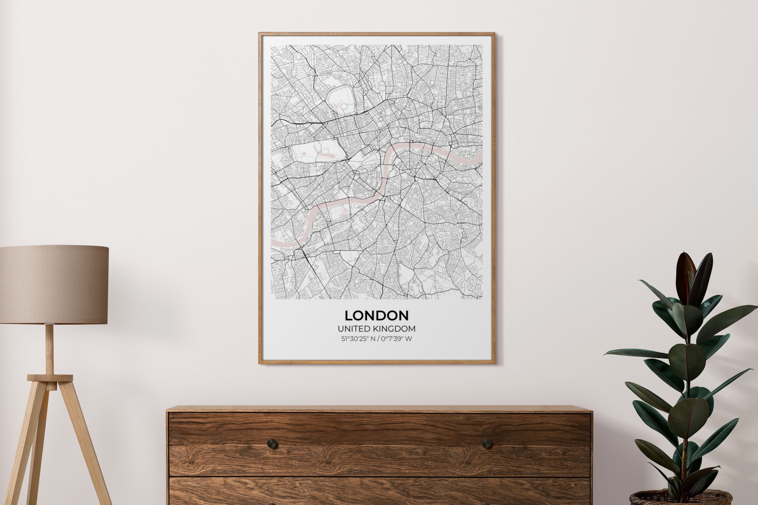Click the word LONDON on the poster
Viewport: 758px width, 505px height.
coord(376,315)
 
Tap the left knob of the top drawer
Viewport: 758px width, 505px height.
coord(272,444)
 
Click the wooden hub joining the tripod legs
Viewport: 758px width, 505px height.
coord(50,378)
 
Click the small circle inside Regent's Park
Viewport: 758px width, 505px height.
coord(344,106)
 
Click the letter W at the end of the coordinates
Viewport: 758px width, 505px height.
coord(408,339)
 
